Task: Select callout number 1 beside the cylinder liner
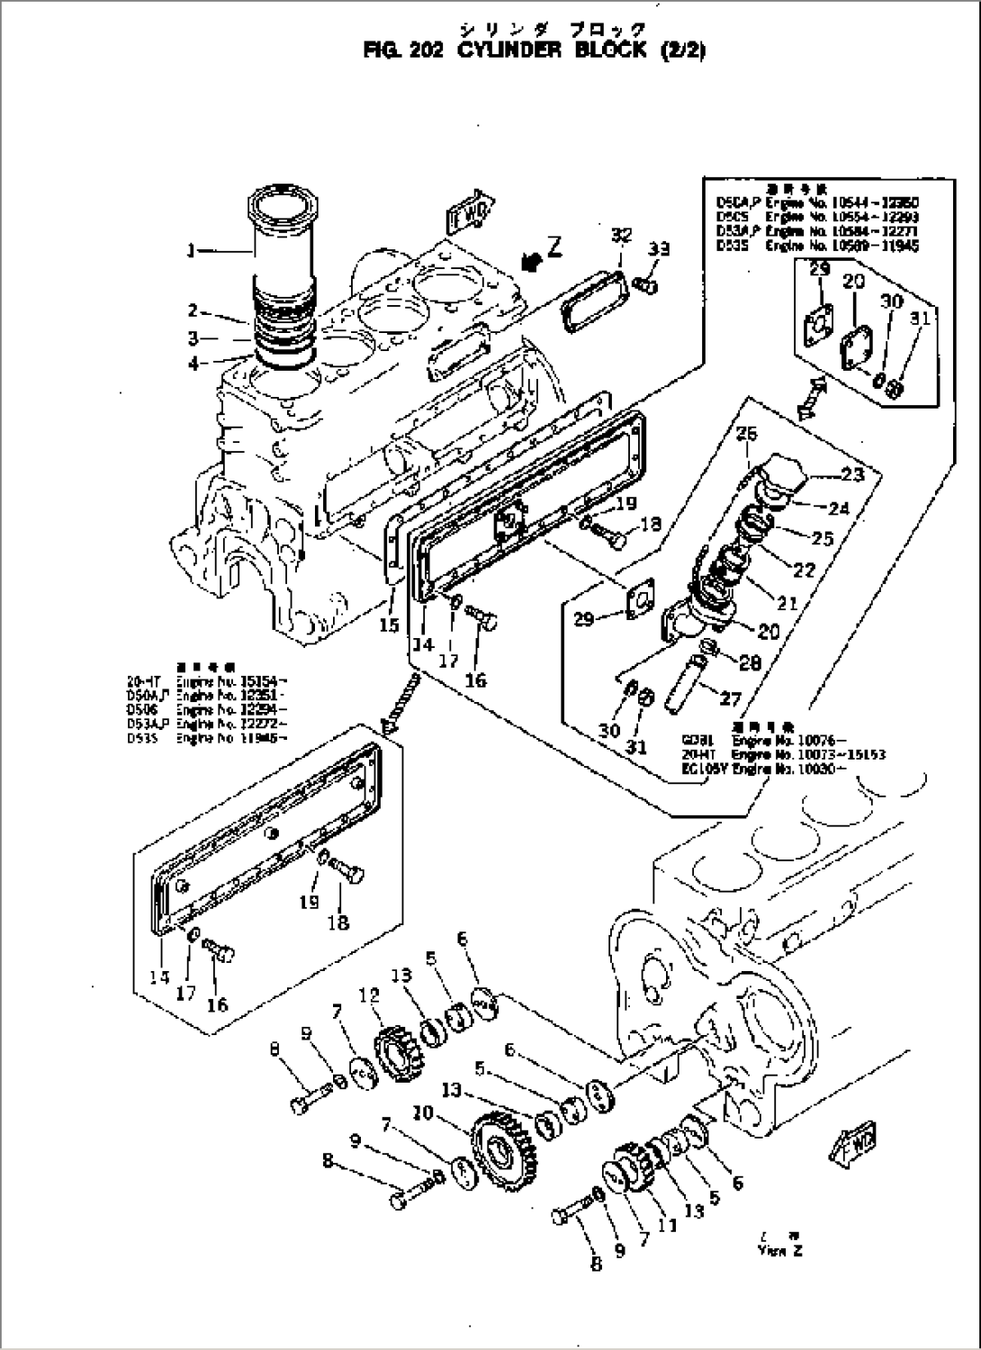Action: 190,252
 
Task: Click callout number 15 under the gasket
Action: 388,625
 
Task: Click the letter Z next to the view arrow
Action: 555,249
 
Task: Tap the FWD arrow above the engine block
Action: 467,213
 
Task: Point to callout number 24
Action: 838,508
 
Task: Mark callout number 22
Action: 803,570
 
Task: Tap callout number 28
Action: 749,663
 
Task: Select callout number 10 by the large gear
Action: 422,1113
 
